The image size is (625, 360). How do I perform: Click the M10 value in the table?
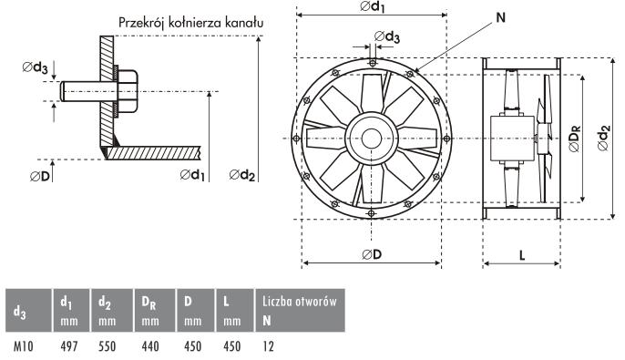[24, 346]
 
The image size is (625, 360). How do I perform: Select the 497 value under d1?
[69, 346]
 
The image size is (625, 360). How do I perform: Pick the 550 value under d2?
[108, 346]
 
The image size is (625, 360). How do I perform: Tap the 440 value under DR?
[150, 346]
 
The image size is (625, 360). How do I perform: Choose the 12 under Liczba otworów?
[268, 346]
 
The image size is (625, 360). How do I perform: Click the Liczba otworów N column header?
[300, 311]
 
